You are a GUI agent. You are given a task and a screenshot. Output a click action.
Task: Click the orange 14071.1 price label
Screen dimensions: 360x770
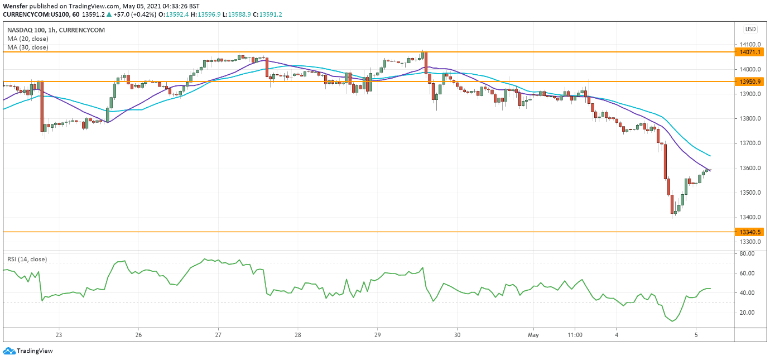click(x=750, y=52)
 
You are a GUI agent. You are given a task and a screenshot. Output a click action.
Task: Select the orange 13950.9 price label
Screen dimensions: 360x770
click(x=750, y=81)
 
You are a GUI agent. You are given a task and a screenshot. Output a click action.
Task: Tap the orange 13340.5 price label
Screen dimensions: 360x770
click(x=750, y=232)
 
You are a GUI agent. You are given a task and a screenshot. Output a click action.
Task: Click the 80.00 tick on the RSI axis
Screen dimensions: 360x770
click(x=747, y=253)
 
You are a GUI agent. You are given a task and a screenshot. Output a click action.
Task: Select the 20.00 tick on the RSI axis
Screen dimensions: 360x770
click(x=747, y=312)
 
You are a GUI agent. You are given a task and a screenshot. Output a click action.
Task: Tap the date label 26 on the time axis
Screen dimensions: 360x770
click(x=138, y=335)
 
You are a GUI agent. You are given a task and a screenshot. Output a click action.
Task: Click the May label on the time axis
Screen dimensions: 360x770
click(x=534, y=335)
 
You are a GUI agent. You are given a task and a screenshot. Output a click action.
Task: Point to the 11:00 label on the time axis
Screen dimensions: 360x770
click(x=575, y=335)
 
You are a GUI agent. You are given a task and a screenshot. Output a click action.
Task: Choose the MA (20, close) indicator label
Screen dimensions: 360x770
click(x=27, y=39)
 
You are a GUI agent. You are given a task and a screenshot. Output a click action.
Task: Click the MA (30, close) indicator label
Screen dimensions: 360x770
click(x=27, y=47)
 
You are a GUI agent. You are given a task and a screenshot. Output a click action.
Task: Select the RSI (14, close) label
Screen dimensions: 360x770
click(x=27, y=259)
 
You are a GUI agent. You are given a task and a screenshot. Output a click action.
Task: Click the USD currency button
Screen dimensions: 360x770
click(x=750, y=30)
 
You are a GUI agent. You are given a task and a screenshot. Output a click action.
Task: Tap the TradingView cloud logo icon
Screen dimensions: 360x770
click(x=8, y=351)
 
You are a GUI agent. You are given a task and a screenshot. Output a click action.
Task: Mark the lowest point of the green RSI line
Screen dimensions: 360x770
click(x=673, y=321)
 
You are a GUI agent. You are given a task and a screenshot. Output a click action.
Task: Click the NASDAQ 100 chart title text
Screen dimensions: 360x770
click(x=26, y=30)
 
